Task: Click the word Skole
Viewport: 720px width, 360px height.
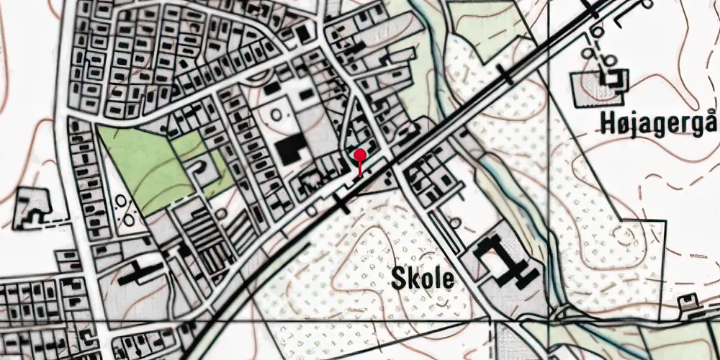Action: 423,279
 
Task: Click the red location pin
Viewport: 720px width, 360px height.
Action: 359,156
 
